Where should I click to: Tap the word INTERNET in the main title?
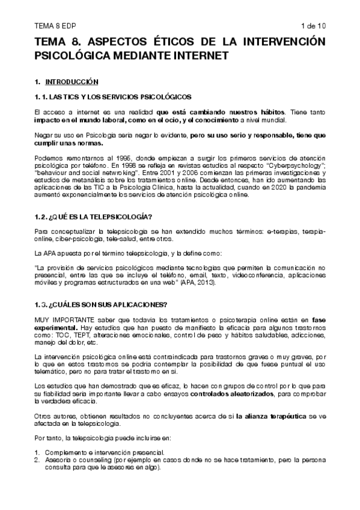pos(198,55)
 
